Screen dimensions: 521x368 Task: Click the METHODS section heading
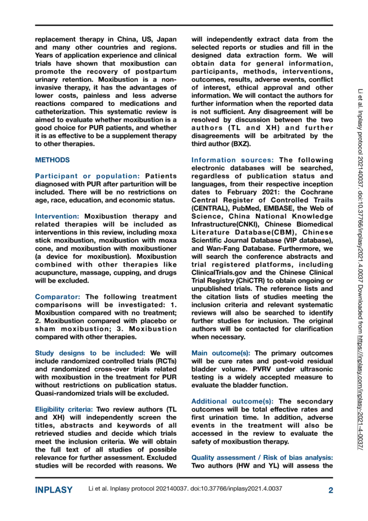point(52,160)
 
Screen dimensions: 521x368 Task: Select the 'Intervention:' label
point(58,216)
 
